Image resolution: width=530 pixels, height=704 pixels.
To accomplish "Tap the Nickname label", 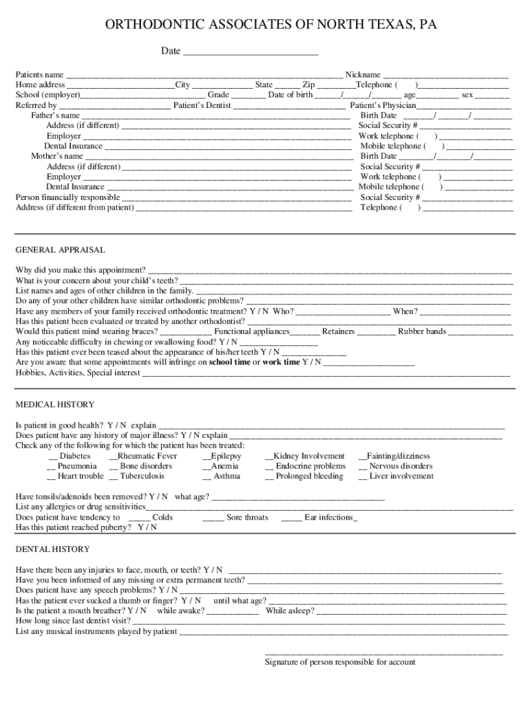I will coord(363,74).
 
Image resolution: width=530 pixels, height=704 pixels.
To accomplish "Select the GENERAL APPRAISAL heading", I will coord(61,250).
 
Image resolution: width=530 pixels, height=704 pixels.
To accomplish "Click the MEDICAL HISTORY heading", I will coord(55,404).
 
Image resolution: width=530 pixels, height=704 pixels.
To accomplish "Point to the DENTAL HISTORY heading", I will coord(52,549).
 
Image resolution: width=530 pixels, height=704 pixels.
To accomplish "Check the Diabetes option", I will coord(53,456).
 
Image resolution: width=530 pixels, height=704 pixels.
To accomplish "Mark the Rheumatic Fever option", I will coord(114,456).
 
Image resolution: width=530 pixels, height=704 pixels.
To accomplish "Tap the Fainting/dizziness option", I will coord(362,456).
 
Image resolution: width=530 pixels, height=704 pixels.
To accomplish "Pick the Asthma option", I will coord(206,476).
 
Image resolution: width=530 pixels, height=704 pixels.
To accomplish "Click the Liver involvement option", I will coord(363,476).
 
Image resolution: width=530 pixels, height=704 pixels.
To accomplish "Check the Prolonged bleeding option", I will coord(269,476).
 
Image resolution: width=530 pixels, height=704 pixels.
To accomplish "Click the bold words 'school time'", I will coord(230,362).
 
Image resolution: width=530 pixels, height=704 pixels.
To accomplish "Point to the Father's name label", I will coord(55,115).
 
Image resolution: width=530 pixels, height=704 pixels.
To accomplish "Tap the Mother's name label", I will coord(57,156).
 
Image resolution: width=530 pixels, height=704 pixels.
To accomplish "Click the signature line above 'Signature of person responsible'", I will coord(383,652).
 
